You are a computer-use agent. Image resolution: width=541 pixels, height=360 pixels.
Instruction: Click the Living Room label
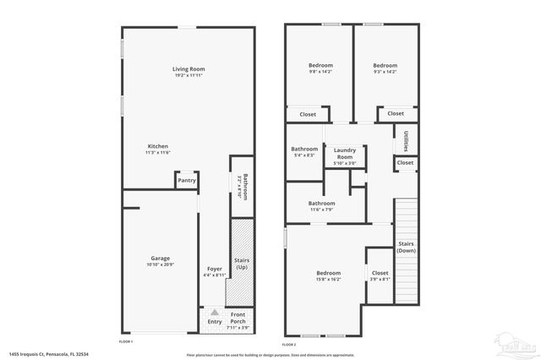189,68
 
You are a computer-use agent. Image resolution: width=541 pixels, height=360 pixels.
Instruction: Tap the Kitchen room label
158,145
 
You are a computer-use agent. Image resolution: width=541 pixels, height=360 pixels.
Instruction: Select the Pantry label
187,180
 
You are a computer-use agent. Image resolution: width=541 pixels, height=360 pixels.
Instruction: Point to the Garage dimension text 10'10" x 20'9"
160,266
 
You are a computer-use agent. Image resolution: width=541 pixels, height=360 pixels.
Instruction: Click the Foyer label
213,269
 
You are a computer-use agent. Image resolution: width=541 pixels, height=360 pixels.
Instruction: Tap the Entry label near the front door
214,320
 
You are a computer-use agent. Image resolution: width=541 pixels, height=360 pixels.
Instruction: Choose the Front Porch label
238,318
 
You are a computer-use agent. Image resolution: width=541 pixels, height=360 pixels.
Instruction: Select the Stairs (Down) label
407,247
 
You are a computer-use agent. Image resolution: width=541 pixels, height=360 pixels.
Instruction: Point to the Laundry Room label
345,153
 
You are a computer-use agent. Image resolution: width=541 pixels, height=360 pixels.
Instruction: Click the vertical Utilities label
407,139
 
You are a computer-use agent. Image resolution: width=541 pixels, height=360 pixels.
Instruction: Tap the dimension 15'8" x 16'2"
329,280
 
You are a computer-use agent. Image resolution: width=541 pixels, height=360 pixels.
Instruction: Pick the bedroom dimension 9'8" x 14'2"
320,72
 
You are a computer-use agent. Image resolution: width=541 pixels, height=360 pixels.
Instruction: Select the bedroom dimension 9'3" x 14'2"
385,72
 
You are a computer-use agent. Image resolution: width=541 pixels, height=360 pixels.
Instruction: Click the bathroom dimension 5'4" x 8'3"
304,155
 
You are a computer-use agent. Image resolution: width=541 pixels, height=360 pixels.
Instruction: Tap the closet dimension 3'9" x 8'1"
380,280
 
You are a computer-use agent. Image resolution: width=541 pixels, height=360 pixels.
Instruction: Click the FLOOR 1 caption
126,341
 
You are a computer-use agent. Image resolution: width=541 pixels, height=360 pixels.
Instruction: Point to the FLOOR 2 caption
290,346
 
